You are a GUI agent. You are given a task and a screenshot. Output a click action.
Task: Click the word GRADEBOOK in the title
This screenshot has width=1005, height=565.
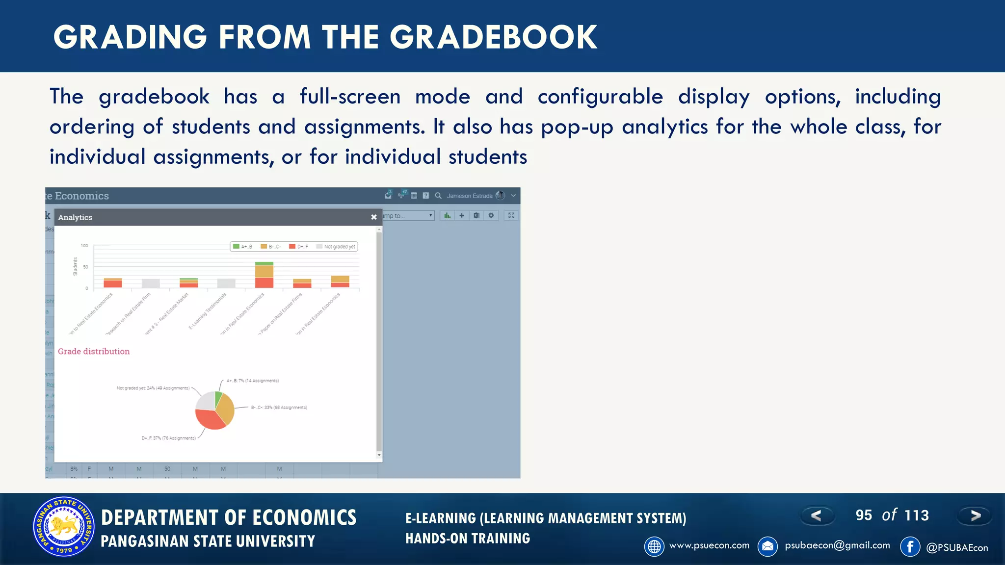coord(493,37)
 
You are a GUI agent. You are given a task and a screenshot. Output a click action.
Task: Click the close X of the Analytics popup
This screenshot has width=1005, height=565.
coord(374,217)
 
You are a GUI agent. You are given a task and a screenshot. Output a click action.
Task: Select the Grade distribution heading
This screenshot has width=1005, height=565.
coord(94,351)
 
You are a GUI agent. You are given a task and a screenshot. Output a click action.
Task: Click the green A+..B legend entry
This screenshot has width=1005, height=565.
coord(242,247)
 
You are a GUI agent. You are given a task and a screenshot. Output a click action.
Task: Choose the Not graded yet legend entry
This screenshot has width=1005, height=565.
coord(336,247)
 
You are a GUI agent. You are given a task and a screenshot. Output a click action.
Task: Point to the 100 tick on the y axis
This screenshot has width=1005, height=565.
coord(84,245)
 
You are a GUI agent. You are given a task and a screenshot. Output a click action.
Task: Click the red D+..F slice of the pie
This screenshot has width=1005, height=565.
coord(209,419)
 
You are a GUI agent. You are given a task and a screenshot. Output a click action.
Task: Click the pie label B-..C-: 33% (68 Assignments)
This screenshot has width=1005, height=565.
coord(279,408)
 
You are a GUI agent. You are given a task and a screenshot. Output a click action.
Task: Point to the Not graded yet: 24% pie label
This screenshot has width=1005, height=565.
coord(153,388)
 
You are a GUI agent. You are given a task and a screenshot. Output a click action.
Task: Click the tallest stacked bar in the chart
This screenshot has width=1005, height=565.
coord(264,275)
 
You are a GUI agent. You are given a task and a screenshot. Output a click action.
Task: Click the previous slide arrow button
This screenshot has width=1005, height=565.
coord(817,515)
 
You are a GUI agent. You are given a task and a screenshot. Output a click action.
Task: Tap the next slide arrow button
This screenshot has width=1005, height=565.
coord(975,515)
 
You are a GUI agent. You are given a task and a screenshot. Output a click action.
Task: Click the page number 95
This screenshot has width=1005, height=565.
coord(864,515)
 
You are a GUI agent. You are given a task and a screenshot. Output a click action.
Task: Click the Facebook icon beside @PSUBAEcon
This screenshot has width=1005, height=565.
coord(910,546)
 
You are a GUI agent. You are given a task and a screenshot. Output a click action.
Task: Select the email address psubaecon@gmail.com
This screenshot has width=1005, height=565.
coord(837,545)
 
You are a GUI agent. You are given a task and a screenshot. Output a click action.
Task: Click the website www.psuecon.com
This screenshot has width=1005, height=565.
coord(709,545)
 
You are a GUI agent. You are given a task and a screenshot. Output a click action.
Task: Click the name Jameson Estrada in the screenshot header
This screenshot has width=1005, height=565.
coord(469,196)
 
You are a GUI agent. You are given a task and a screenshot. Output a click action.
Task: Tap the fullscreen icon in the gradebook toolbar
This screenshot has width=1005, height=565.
coord(511,215)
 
